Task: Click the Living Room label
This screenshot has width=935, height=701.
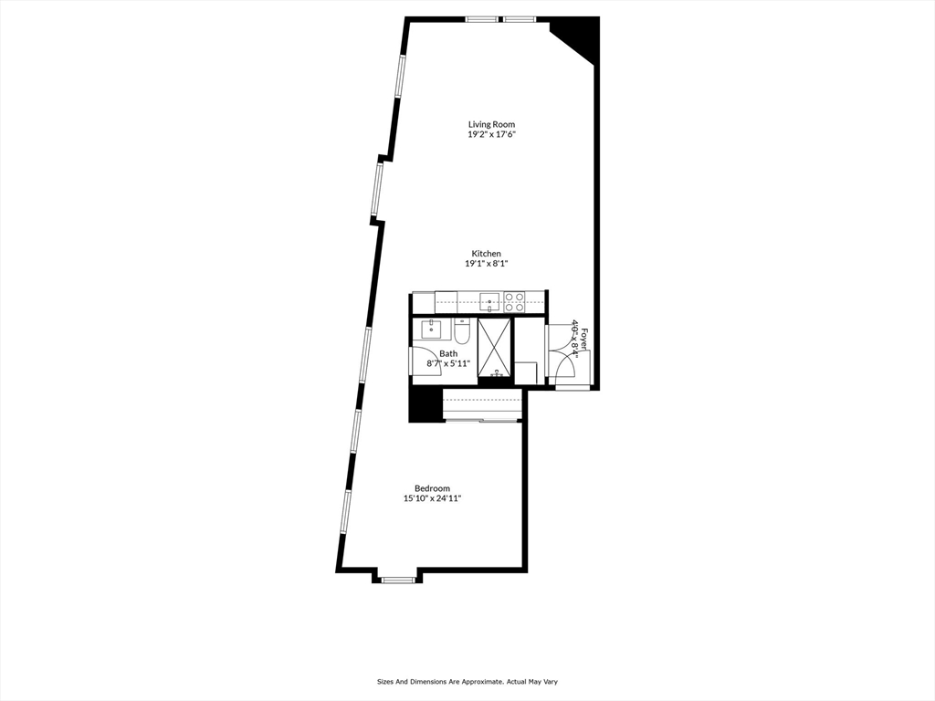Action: pyautogui.click(x=491, y=124)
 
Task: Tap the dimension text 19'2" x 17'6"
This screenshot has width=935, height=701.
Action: pyautogui.click(x=491, y=135)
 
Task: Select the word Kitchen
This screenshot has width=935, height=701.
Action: pyautogui.click(x=486, y=254)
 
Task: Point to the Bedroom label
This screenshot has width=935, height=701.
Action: pyautogui.click(x=432, y=488)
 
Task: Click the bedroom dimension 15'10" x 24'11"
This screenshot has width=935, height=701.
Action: pyautogui.click(x=432, y=498)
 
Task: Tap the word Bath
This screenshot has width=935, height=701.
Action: pyautogui.click(x=448, y=353)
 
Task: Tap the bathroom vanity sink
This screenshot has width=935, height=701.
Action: pyautogui.click(x=430, y=328)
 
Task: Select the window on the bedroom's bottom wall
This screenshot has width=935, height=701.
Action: pyautogui.click(x=396, y=578)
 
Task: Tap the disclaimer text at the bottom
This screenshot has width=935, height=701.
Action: pyautogui.click(x=467, y=682)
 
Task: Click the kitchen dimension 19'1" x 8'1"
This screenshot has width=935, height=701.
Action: pyautogui.click(x=486, y=264)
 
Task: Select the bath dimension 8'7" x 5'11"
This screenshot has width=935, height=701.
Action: pyautogui.click(x=448, y=363)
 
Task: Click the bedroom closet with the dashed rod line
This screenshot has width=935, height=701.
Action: pyautogui.click(x=482, y=403)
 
